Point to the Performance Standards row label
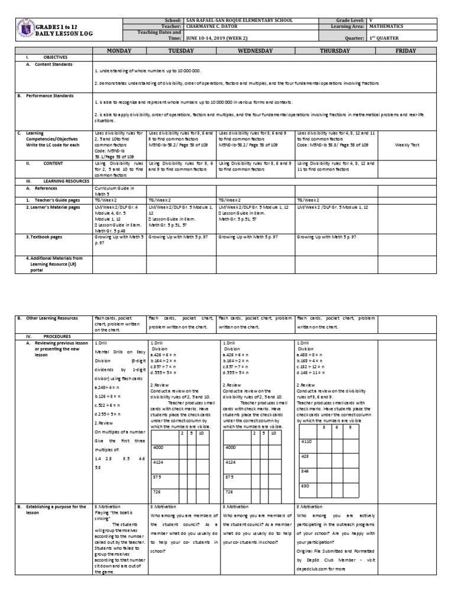[x=53, y=95]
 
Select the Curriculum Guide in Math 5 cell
[x=115, y=190]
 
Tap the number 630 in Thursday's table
[x=304, y=486]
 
